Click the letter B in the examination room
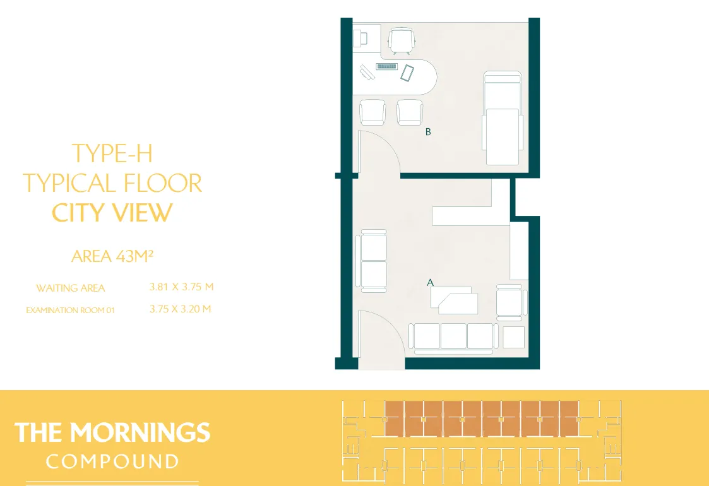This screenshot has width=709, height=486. point(428,132)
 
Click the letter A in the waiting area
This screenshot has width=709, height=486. point(430,283)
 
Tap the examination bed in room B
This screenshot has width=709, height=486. point(503,118)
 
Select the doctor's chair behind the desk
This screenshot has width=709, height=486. point(402,40)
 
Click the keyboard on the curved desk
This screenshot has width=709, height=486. point(386,67)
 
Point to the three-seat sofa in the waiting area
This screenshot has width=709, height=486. point(453,337)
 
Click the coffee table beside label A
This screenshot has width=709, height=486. point(454,300)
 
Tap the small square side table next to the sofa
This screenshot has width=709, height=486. point(514,337)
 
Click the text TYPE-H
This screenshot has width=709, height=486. point(112,153)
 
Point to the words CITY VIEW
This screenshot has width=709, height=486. point(112,213)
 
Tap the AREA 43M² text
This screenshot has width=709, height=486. point(112,256)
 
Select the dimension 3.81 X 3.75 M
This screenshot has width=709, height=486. point(181,287)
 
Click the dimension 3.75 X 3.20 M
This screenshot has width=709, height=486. point(180,309)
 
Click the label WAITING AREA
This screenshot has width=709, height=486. point(71,288)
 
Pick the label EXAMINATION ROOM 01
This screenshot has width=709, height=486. point(70,310)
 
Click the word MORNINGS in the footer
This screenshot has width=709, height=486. point(140,432)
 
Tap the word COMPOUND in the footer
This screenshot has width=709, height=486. point(112,461)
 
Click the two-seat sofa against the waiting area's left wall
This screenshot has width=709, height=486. point(372,261)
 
